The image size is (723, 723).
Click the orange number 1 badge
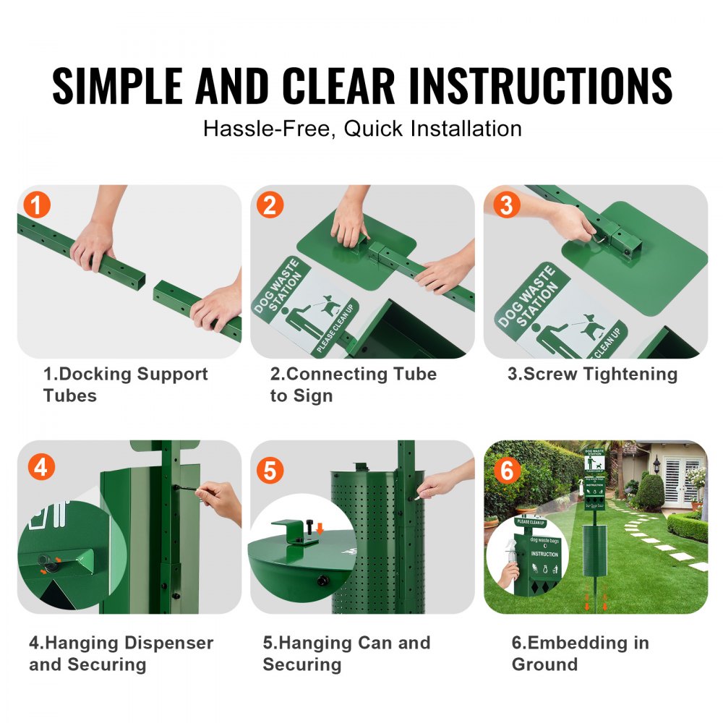coord(37,205)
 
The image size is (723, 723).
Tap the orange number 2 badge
coord(270,205)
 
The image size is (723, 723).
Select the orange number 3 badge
coord(506,205)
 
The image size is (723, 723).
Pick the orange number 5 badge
coord(270,471)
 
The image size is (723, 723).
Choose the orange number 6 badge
coord(506,471)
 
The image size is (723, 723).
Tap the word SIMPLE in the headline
coord(116,85)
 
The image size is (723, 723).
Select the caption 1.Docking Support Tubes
coord(125,385)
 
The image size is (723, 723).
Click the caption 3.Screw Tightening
coord(592,374)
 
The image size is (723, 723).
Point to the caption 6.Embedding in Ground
coord(580,654)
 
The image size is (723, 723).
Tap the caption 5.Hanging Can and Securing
coord(346,654)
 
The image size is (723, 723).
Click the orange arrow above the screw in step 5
coord(320,529)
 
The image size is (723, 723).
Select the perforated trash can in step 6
coord(595,550)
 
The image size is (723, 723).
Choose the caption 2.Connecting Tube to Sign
coord(353,385)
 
